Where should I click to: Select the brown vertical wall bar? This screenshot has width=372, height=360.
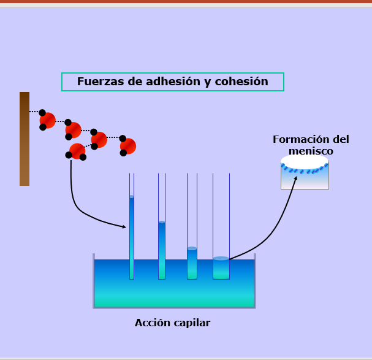25,139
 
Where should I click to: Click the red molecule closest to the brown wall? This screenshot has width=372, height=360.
47,120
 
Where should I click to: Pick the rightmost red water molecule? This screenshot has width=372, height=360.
127,146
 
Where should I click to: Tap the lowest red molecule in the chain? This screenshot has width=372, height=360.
77,151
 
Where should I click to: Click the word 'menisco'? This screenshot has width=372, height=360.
311,151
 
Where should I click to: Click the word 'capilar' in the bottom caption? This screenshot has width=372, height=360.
189,323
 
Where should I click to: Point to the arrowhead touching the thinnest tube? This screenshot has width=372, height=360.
124,227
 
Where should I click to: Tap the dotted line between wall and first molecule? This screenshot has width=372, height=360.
34,112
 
